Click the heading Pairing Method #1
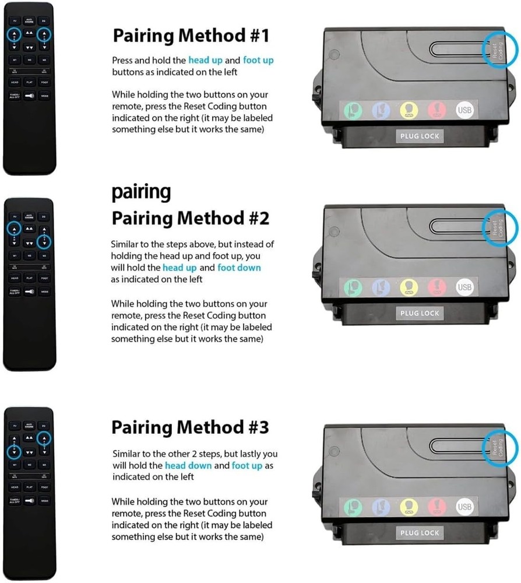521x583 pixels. (191, 36)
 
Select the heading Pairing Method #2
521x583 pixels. (191, 219)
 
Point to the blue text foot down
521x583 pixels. (239, 268)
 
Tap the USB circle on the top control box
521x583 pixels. (464, 110)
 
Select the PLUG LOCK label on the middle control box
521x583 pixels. (420, 313)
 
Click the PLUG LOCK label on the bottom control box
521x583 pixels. (420, 533)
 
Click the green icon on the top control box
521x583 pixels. (353, 110)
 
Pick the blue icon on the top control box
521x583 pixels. (381, 110)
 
